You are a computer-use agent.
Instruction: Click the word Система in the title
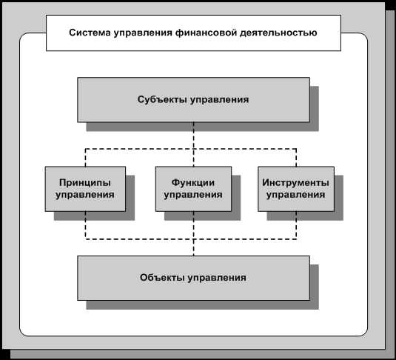[90, 33]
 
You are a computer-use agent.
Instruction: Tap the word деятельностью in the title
[278, 33]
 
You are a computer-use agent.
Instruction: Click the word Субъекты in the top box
[162, 99]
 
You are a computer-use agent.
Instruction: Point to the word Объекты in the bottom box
[164, 277]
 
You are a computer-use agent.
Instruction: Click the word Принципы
[85, 182]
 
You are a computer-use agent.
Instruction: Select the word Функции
[193, 182]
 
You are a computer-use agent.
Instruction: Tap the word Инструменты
[296, 182]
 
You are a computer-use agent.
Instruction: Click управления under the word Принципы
[85, 195]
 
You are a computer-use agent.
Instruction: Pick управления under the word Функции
[193, 195]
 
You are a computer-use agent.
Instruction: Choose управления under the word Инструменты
[296, 195]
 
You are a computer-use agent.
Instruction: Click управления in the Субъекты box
[220, 100]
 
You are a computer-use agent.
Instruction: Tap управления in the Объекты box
[217, 278]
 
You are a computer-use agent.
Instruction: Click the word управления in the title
[143, 33]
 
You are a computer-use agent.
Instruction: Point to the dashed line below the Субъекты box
[194, 144]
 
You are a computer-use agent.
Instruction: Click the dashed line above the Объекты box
[194, 233]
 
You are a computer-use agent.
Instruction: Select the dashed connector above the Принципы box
[85, 158]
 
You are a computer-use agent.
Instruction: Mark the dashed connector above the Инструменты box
[296, 158]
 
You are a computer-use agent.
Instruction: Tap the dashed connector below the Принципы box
[85, 225]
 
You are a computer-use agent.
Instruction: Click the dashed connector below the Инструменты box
[296, 225]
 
